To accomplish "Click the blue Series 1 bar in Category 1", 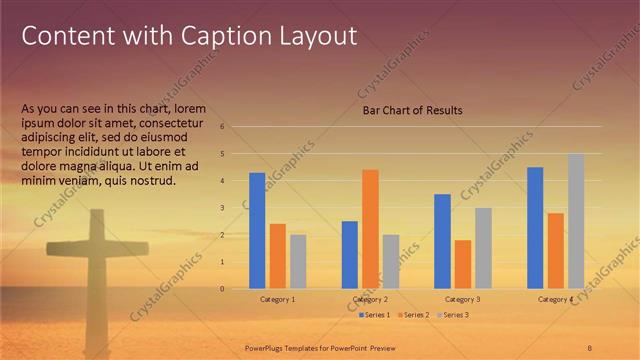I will pos(257,231).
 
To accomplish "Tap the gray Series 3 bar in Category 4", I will pos(575,221).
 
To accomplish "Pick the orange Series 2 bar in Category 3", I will pos(463,264).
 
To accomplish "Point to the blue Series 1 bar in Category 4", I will pos(535,228).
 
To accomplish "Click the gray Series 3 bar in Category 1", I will pos(298,262).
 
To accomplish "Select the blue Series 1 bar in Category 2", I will pos(350,255).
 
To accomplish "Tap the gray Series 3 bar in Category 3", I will pos(483,248).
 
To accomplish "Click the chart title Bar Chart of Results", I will pos(412,110).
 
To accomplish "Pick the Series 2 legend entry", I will pos(413,315).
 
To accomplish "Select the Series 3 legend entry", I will pos(451,315).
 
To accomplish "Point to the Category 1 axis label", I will pos(278,300).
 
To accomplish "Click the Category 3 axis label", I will pos(463,300).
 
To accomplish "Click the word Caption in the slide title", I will pos(219,37).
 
